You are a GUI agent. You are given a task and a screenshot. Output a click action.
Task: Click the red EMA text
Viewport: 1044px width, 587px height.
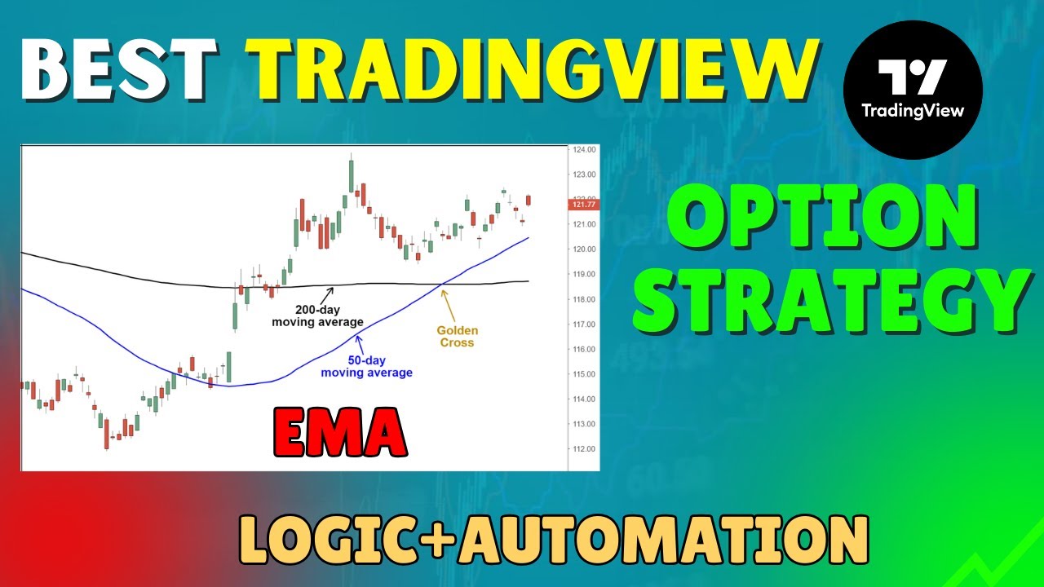point(340,432)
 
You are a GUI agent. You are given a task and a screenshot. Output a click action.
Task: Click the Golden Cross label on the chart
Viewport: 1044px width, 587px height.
point(457,337)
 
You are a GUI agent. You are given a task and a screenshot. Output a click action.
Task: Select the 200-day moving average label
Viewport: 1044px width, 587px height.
point(317,316)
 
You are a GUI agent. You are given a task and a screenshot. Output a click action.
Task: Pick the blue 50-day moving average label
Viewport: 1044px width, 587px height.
point(366,367)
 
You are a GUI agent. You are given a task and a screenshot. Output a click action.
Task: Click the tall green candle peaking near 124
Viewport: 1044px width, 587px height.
point(352,174)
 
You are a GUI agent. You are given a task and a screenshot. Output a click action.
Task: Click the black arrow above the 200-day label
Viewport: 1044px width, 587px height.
point(329,292)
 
